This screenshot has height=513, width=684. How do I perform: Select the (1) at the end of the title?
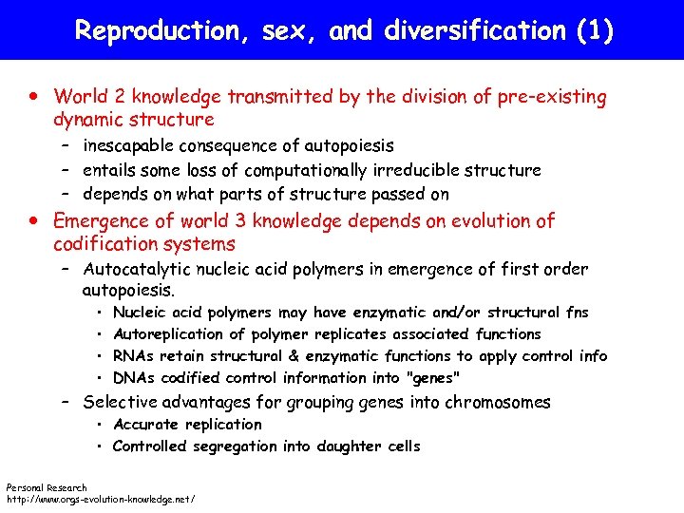point(596,31)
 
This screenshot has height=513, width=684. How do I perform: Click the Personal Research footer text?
point(47,487)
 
